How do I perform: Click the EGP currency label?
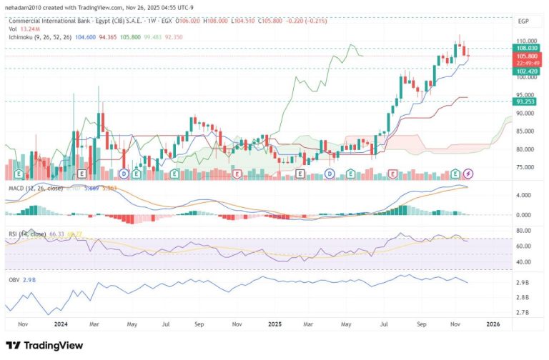[x=523, y=21]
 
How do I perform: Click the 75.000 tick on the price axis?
[x=525, y=168]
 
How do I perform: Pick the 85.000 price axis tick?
[x=525, y=131]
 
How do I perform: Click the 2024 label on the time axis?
[x=60, y=324]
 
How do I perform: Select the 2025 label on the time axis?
[x=275, y=324]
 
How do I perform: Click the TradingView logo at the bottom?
[x=44, y=345]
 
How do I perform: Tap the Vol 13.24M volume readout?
[x=21, y=29]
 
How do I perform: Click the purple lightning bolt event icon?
[x=468, y=173]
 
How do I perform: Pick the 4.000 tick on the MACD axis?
[x=524, y=195]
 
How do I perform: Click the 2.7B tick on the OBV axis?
[x=523, y=312]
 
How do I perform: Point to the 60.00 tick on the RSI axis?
[x=523, y=246]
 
